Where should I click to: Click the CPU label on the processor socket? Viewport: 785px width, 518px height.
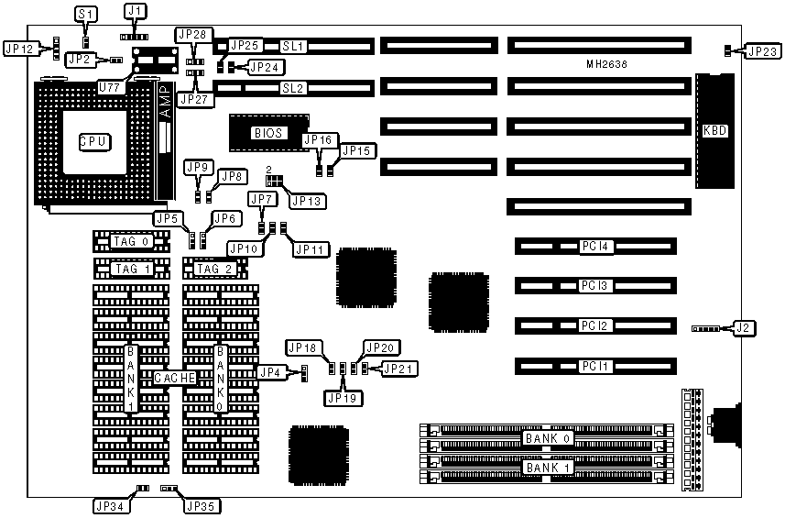coord(93,142)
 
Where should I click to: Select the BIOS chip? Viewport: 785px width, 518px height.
coord(269,133)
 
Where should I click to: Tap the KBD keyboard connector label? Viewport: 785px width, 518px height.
coord(714,131)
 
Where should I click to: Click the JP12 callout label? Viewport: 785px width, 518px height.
coord(21,48)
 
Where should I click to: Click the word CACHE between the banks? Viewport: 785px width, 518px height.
coord(172,378)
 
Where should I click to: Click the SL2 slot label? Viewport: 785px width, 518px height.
coord(293,88)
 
